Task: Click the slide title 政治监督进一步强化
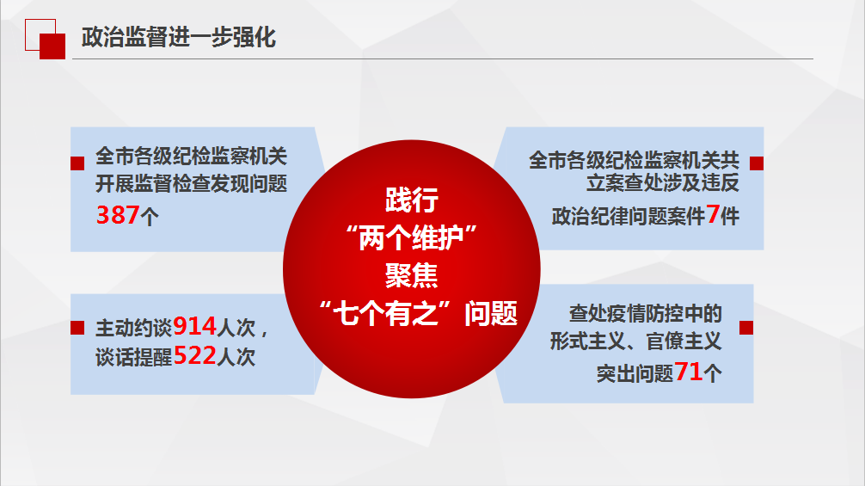click(178, 38)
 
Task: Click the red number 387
click(118, 214)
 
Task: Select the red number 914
click(194, 327)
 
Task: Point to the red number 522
click(194, 356)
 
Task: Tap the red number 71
click(689, 372)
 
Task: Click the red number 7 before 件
click(713, 214)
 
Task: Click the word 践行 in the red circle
click(412, 200)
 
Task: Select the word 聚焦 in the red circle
click(412, 275)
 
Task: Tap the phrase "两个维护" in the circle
click(411, 237)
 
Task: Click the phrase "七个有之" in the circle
click(391, 313)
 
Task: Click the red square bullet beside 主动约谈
click(77, 328)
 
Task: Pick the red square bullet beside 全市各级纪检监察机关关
click(77, 163)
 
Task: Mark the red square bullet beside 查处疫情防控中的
click(746, 328)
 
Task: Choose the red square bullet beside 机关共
click(757, 163)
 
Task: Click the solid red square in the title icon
click(52, 46)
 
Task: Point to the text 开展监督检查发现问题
click(192, 184)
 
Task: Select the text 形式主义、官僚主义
click(635, 341)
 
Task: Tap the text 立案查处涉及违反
click(663, 182)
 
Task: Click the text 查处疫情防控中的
click(646, 313)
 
